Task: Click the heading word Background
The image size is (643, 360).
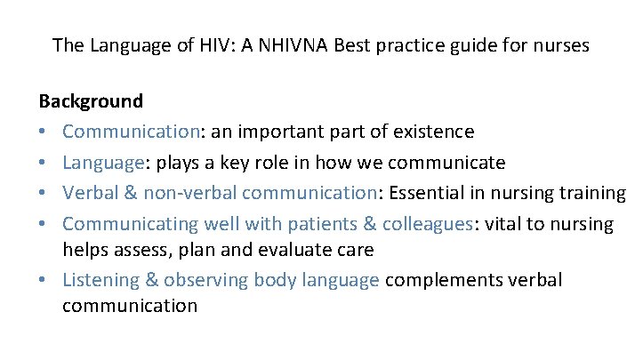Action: click(x=91, y=101)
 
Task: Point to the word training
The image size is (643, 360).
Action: click(x=592, y=193)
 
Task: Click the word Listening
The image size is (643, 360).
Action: click(x=99, y=280)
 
